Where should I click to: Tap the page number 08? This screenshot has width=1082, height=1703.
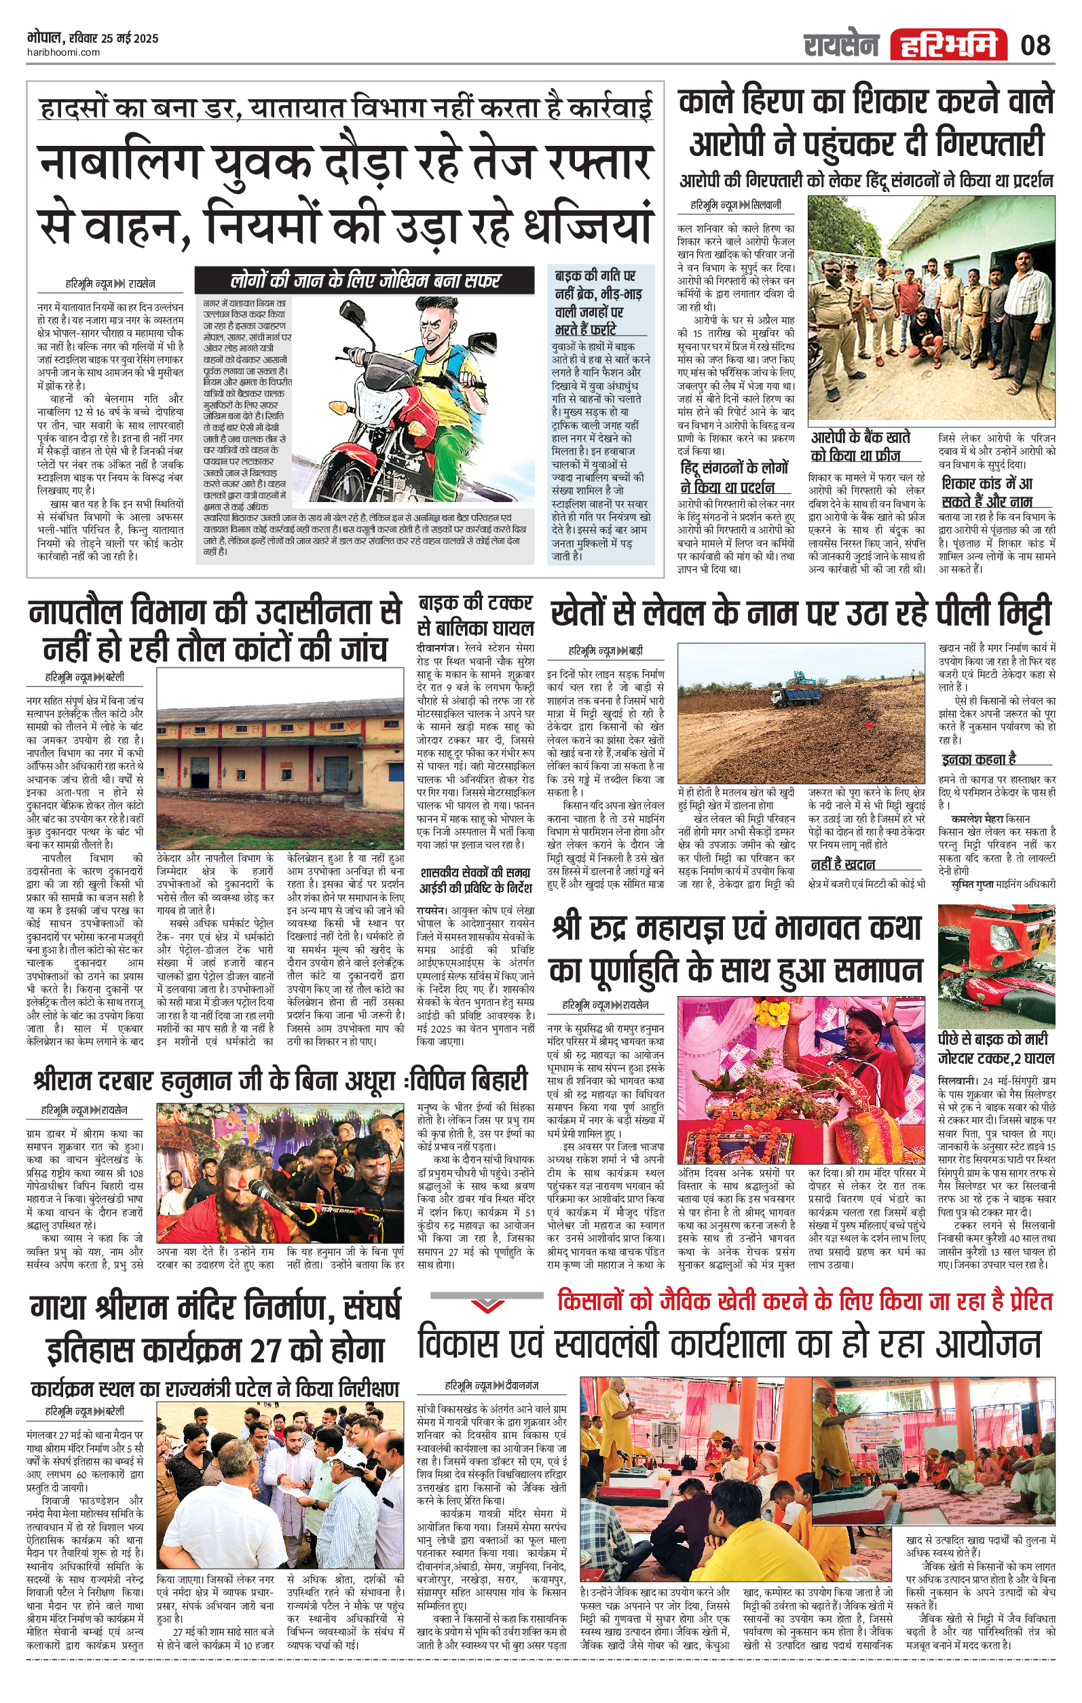(1035, 45)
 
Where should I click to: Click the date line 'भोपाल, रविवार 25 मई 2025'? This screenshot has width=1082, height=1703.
(93, 38)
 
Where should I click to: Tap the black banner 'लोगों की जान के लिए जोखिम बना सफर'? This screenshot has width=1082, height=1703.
(365, 280)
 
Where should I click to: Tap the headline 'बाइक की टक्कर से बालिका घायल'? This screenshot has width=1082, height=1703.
(475, 615)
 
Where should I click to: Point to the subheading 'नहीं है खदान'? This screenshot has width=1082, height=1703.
(843, 864)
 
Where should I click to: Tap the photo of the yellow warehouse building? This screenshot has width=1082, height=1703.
(280, 759)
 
